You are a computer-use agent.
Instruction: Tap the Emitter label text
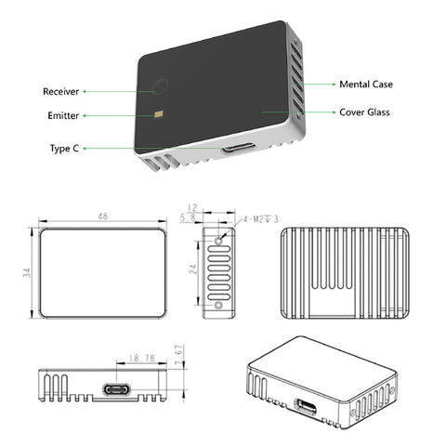tap(62, 116)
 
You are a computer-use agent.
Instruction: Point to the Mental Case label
tap(365, 84)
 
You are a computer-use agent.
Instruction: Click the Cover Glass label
tap(366, 111)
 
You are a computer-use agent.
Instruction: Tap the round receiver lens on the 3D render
tap(160, 87)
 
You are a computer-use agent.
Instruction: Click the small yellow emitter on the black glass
tap(161, 115)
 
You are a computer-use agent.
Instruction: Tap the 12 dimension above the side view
tap(192, 207)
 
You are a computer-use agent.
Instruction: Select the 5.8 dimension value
tap(189, 217)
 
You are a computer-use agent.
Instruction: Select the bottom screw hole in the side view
tap(218, 305)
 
